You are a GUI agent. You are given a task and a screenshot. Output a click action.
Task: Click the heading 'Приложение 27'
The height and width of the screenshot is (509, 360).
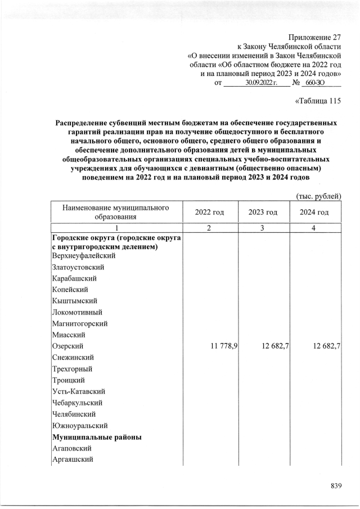pyautogui.click(x=314, y=37)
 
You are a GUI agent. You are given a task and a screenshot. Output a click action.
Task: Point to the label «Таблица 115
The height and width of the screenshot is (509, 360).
pyautogui.click(x=318, y=102)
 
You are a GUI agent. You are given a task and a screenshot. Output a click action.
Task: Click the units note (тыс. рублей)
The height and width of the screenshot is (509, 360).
pyautogui.click(x=318, y=195)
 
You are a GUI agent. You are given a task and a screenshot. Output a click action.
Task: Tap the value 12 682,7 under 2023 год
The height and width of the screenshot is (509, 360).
pyautogui.click(x=271, y=346)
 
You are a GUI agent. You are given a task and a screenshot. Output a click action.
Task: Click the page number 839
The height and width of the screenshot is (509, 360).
pyautogui.click(x=336, y=486)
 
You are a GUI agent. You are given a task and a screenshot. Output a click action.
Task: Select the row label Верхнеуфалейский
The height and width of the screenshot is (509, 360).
pyautogui.click(x=80, y=256)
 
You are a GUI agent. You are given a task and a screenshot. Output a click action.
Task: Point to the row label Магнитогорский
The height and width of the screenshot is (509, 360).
pyautogui.click(x=79, y=323)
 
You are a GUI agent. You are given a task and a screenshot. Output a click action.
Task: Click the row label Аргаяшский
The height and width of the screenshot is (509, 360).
pyautogui.click(x=73, y=460)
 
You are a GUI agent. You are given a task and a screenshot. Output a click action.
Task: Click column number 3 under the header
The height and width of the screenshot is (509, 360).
pyautogui.click(x=264, y=228)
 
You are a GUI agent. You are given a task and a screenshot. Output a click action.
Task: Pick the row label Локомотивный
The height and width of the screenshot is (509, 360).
pyautogui.click(x=78, y=312)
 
